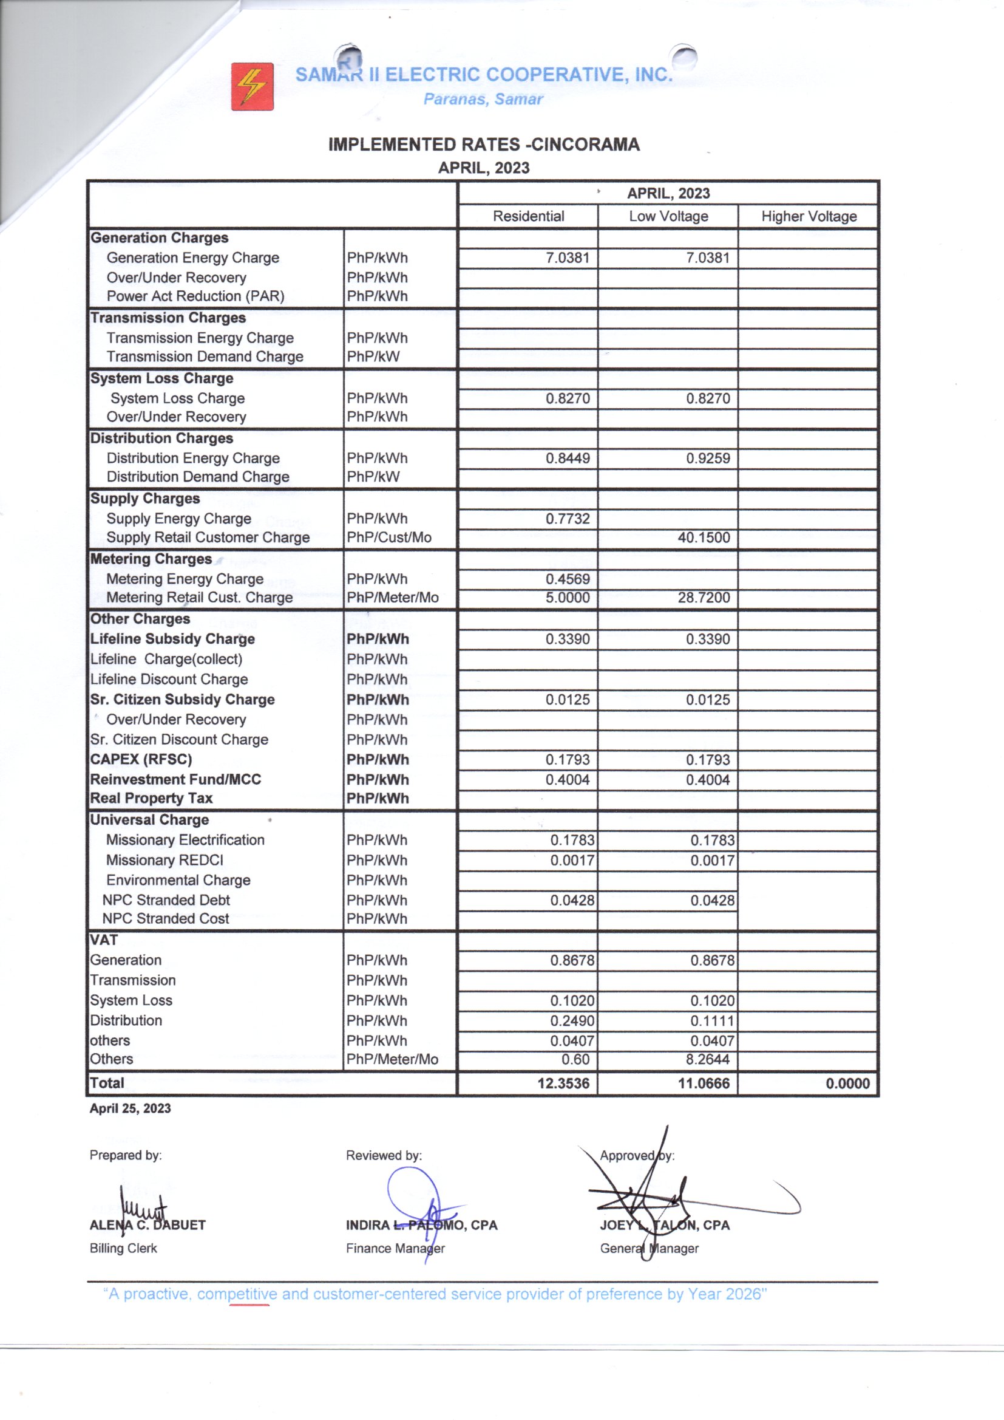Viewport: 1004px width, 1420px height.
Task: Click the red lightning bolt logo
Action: click(253, 86)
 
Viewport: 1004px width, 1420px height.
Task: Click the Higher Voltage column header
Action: click(809, 216)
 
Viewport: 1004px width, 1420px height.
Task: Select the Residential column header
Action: click(528, 216)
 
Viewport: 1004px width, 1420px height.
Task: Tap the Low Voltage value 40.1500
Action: click(704, 538)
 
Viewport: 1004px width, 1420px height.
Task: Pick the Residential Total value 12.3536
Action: click(563, 1083)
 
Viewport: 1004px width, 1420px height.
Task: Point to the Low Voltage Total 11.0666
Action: click(704, 1083)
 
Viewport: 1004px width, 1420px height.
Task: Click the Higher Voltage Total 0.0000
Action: click(847, 1083)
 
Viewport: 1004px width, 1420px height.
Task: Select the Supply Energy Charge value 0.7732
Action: click(567, 518)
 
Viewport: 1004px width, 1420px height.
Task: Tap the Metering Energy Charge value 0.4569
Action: click(567, 579)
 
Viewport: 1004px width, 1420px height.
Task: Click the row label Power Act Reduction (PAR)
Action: click(195, 296)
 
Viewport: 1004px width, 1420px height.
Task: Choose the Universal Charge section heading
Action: click(149, 819)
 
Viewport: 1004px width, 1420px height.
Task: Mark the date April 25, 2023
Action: click(130, 1108)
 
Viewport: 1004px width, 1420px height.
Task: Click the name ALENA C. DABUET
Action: click(147, 1225)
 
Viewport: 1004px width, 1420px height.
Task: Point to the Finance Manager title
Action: click(395, 1248)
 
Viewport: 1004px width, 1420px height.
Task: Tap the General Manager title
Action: click(648, 1248)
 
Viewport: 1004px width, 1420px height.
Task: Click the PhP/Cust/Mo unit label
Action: click(389, 538)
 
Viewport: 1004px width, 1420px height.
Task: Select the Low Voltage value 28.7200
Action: click(704, 598)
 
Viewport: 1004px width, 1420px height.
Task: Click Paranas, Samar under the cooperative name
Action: click(483, 99)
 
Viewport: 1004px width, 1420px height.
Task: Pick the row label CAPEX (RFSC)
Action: click(141, 759)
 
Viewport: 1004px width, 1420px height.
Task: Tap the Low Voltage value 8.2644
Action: click(707, 1059)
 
